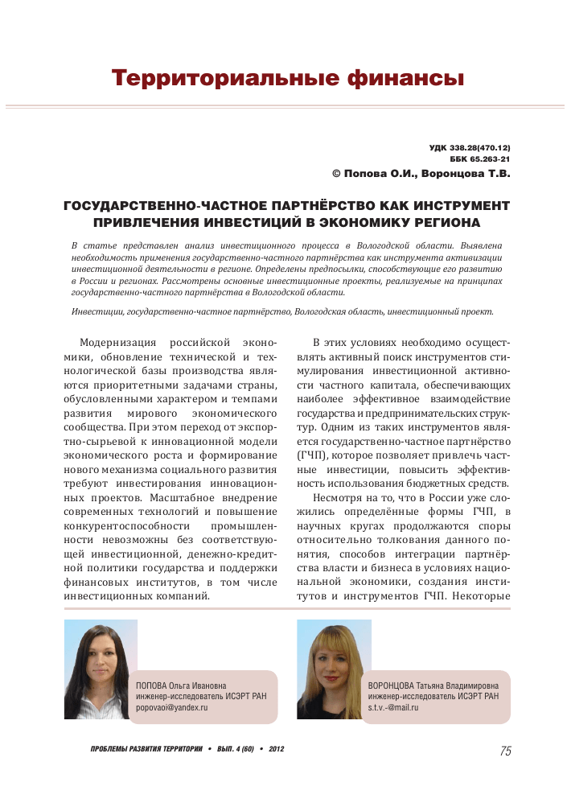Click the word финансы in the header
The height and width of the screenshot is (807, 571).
coord(405,78)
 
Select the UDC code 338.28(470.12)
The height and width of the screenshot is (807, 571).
coord(481,149)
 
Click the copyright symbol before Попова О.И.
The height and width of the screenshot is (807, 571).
coord(337,173)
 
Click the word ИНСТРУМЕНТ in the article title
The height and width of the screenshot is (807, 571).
coord(459,206)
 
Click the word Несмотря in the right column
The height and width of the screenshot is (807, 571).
coord(339,498)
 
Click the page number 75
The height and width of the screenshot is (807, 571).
coord(505,751)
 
